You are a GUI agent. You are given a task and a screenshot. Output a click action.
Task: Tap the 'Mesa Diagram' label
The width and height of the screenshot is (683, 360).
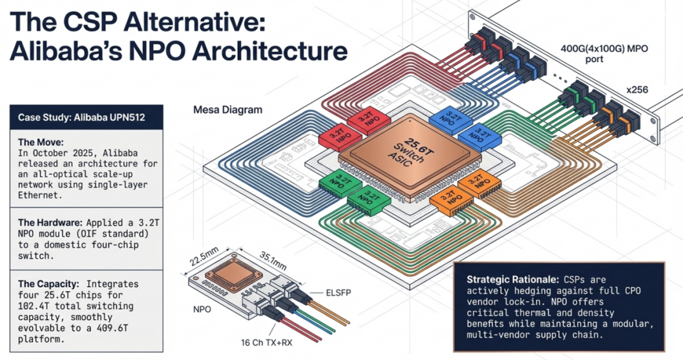[x=227, y=109]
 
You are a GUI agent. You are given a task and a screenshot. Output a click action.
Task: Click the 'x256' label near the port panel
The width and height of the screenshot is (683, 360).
[x=638, y=90]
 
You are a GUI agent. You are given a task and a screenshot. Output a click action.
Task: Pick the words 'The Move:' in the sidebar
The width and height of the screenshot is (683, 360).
[x=40, y=142]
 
